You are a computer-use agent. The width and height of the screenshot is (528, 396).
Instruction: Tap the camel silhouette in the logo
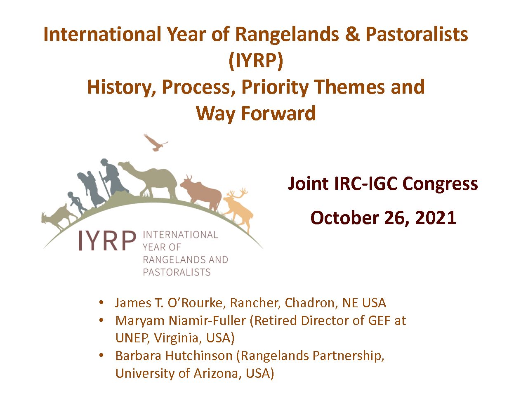154,179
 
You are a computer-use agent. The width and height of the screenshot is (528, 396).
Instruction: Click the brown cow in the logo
202,193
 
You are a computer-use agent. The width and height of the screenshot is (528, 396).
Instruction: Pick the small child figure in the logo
77,203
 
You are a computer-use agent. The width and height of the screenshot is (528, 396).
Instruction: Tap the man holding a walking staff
113,178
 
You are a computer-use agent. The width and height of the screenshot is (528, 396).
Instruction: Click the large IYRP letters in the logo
107,240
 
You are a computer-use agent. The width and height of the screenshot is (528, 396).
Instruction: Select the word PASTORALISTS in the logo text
177,272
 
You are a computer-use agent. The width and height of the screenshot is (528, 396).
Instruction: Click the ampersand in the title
352,34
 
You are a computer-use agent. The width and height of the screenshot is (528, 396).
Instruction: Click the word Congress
440,184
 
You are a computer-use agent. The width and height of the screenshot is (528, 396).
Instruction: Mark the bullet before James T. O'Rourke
101,302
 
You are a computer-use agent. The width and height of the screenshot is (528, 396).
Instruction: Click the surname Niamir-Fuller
207,321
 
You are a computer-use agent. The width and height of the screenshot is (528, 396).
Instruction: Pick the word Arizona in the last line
218,373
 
